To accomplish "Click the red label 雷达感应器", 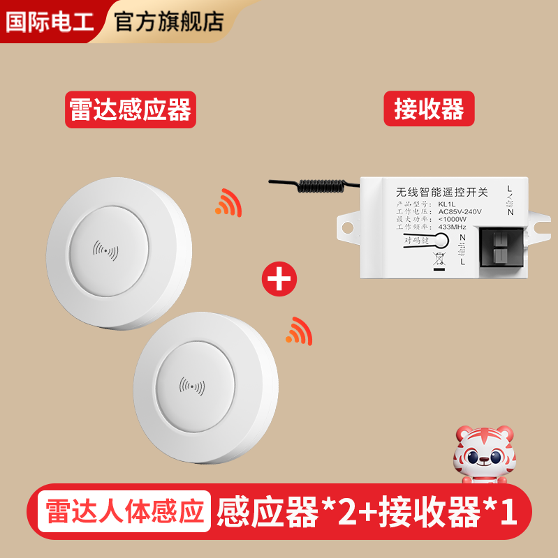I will [130, 110].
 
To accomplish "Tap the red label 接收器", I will [429, 109].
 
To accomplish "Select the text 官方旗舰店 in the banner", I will [168, 21].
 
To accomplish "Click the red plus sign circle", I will [279, 279].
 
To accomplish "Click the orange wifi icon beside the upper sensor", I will [228, 202].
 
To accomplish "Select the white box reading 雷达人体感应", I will [126, 511].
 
